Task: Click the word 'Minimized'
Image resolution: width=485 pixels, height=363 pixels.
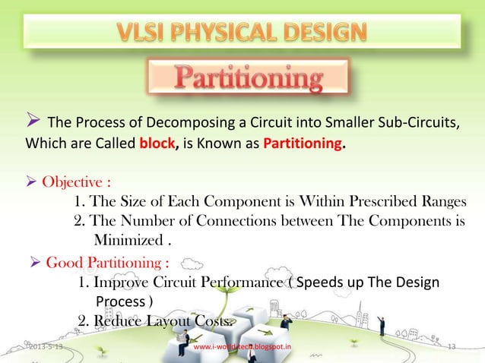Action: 126,241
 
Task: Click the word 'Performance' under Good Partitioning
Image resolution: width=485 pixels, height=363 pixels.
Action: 243,283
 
